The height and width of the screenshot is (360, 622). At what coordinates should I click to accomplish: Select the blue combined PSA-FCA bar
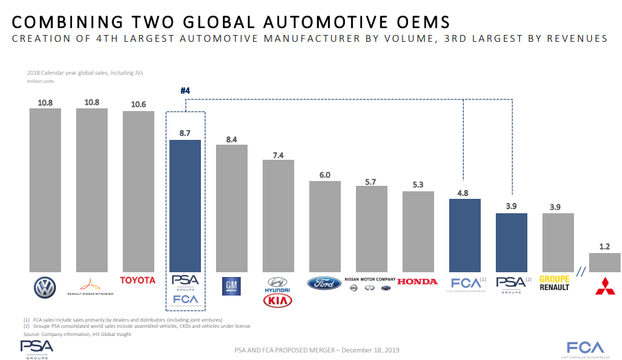(x=185, y=205)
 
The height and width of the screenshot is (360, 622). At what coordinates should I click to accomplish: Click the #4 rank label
(x=185, y=91)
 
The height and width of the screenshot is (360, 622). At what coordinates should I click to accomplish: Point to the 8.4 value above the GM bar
(x=232, y=139)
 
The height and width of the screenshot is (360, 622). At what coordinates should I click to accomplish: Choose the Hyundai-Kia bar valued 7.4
(x=278, y=215)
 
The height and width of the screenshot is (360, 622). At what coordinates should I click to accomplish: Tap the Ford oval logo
(x=324, y=283)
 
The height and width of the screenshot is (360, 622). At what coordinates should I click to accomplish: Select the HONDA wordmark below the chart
(x=418, y=282)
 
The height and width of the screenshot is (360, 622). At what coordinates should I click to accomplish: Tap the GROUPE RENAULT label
(x=556, y=283)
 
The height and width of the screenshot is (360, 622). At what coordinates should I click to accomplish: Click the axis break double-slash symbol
(x=582, y=272)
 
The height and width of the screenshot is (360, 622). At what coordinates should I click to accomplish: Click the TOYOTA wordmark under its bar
(x=138, y=280)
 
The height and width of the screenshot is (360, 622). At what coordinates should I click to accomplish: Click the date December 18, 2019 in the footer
(x=362, y=350)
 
